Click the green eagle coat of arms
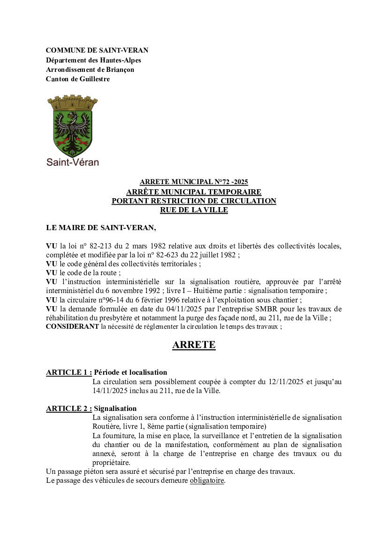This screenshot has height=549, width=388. click(x=72, y=126)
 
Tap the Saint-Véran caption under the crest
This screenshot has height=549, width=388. click(x=72, y=162)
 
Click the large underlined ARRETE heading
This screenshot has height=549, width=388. click(x=194, y=345)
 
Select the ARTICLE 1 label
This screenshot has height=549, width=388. click(x=69, y=372)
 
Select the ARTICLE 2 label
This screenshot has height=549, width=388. click(x=69, y=409)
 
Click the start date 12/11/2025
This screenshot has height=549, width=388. click(x=286, y=382)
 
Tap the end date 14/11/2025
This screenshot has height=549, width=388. click(x=112, y=391)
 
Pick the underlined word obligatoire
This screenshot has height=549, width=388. click(x=207, y=481)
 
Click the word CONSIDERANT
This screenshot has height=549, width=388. click(x=72, y=327)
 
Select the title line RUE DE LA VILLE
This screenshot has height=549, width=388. click(x=194, y=210)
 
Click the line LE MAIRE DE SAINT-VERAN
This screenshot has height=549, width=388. click(x=101, y=228)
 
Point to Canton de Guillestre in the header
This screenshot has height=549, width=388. click(x=78, y=79)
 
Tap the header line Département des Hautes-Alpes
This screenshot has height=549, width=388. click(x=93, y=60)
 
